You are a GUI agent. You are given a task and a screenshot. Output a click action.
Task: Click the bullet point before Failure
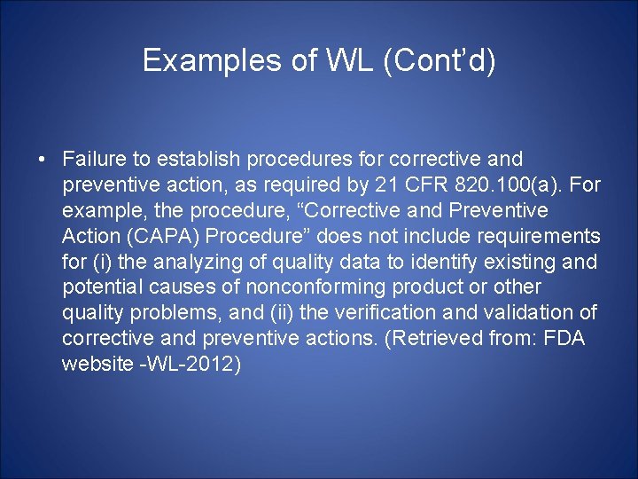pyautogui.click(x=42, y=160)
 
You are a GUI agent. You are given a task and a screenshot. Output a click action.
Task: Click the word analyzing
pyautogui.click(x=196, y=263)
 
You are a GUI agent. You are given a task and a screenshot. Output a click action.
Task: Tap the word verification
pyautogui.click(x=373, y=314)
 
